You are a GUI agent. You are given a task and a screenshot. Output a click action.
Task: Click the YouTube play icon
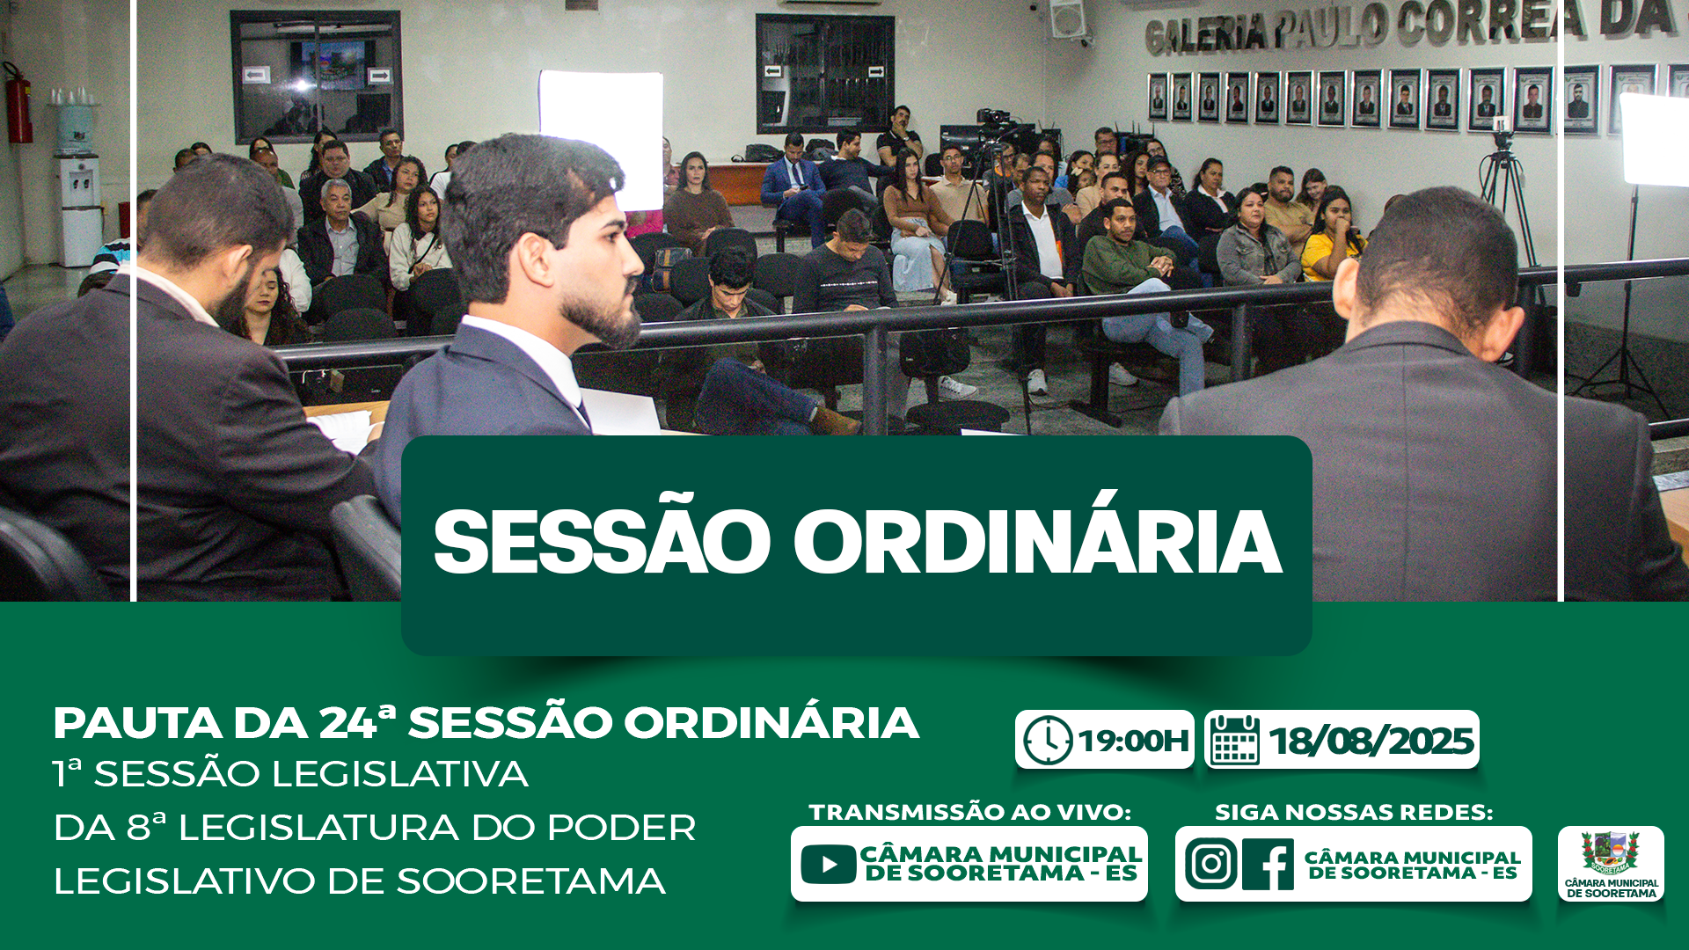tap(828, 864)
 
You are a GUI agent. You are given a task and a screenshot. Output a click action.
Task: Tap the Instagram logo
tap(1210, 864)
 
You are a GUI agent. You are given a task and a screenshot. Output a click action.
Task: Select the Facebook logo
tap(1268, 864)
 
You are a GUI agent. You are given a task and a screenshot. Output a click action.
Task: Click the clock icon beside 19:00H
tap(1047, 740)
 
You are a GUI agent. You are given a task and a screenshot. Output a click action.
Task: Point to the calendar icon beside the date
tap(1235, 740)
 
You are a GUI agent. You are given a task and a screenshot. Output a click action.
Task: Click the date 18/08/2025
tap(1371, 741)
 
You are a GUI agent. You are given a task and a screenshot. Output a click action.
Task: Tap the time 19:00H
tap(1133, 741)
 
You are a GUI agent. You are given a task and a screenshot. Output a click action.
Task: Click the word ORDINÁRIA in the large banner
tap(1037, 542)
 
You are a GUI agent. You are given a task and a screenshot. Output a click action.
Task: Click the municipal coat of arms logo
tap(1611, 852)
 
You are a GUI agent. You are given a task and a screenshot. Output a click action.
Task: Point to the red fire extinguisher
tap(18, 103)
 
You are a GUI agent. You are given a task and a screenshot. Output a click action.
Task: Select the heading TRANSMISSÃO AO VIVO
tap(969, 812)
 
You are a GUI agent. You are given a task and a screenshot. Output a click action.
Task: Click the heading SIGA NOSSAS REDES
tap(1354, 812)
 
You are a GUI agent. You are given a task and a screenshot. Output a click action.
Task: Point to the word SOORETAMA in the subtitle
tap(530, 881)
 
